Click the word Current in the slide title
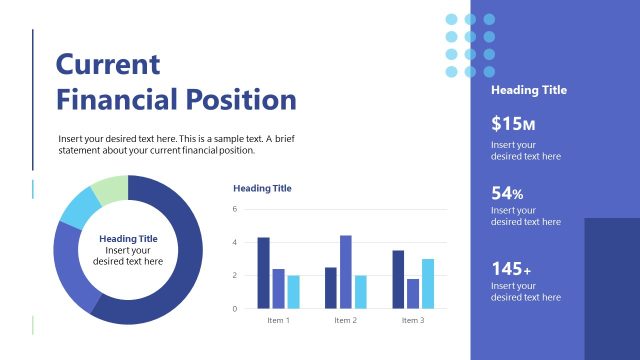point(108,65)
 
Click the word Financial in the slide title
point(117,100)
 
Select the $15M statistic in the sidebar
point(514,125)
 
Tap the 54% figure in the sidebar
point(508,193)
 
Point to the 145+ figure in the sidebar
point(511,269)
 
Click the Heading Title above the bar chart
point(262,188)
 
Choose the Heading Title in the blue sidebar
point(529,90)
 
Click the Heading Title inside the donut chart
point(128,238)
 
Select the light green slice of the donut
point(111,188)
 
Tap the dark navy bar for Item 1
point(264,272)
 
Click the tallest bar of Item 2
point(346,271)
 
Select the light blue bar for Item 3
point(428,283)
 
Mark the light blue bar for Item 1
point(294,291)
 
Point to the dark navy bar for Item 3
point(398,279)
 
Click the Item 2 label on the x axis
point(345,320)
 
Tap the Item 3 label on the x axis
point(413,320)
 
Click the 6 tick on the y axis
point(235,209)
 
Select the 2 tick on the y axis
point(235,275)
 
